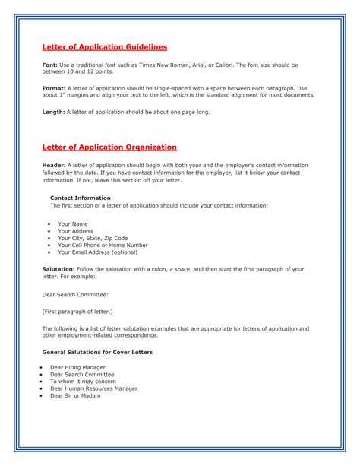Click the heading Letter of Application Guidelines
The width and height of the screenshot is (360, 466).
104,47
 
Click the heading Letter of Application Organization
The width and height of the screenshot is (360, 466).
109,146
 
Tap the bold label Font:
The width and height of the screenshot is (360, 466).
49,65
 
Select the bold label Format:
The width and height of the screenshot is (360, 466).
53,87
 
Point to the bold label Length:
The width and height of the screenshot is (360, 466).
53,112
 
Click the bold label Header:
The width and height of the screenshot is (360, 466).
54,164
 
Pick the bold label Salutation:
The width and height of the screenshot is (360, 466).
58,269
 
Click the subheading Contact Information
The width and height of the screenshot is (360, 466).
80,198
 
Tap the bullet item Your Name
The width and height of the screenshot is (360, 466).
73,224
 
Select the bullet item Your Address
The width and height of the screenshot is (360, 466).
75,231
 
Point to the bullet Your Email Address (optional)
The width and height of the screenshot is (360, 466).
98,253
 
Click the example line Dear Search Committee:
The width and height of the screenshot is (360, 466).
75,293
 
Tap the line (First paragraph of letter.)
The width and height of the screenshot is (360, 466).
77,311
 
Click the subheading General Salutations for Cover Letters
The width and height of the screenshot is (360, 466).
97,353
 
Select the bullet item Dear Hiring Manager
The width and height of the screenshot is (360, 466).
77,368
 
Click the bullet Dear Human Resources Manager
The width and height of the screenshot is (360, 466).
93,388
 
